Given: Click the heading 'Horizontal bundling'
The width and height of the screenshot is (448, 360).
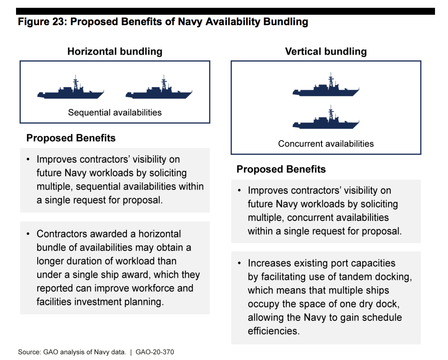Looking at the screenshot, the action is (x=115, y=52).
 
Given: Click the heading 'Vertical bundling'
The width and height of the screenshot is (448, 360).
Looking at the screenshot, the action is (x=326, y=52).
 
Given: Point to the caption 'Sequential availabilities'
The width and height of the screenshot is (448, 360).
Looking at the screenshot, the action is (x=115, y=112).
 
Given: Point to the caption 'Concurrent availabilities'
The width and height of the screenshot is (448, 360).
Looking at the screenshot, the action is (x=326, y=144).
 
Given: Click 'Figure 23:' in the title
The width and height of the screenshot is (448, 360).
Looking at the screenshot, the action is (x=42, y=22).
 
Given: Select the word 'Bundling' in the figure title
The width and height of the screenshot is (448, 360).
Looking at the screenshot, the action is (x=286, y=22).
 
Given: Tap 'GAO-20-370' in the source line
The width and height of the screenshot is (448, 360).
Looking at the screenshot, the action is (x=155, y=352).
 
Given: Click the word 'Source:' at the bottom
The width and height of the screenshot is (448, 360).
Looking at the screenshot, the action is (x=30, y=352).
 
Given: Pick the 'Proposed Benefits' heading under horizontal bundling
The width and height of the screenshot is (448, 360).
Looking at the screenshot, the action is (x=71, y=138).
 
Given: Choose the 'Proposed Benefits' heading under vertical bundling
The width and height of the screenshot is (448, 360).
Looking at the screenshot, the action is (x=281, y=169).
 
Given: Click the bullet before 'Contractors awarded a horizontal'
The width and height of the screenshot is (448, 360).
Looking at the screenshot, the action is (x=28, y=234).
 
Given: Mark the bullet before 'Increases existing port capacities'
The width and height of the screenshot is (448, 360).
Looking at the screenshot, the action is (x=240, y=263).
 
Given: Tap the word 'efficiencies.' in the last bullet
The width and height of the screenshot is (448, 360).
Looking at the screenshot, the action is (x=274, y=331).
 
